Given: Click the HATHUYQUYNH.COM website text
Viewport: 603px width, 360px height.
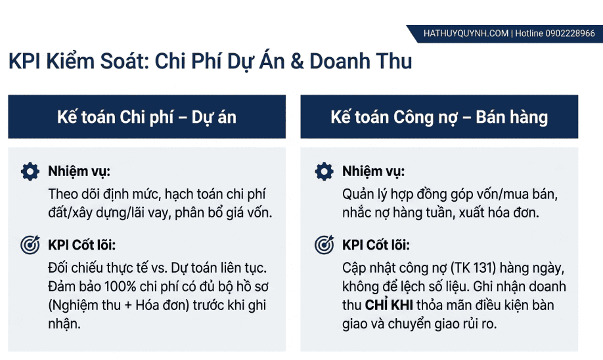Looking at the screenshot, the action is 466,34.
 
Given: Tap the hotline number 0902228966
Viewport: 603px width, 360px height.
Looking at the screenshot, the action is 570,34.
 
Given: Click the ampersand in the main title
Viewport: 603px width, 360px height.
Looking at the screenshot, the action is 297,62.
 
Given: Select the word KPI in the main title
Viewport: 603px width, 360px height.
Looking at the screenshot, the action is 24,62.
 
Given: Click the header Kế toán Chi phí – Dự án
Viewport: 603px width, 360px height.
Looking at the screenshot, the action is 146,117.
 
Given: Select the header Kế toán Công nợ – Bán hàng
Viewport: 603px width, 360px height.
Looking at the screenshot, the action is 439,117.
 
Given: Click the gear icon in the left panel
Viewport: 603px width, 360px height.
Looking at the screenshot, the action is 30,171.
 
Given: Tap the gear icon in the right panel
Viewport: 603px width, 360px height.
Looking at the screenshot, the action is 324,171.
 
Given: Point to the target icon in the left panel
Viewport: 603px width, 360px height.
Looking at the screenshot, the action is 30,244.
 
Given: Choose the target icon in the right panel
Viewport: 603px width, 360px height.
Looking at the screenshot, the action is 324,244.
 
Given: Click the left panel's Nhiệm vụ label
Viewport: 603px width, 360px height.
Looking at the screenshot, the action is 79,171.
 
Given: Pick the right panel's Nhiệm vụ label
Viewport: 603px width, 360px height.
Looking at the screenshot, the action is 373,171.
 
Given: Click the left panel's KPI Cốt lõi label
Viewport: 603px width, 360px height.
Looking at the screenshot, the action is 81,245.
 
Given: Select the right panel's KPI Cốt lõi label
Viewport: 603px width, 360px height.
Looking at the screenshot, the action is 376,245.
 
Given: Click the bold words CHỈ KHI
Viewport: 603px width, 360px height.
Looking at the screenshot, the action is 389,305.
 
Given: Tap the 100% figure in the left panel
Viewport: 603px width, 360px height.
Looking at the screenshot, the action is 120,287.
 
